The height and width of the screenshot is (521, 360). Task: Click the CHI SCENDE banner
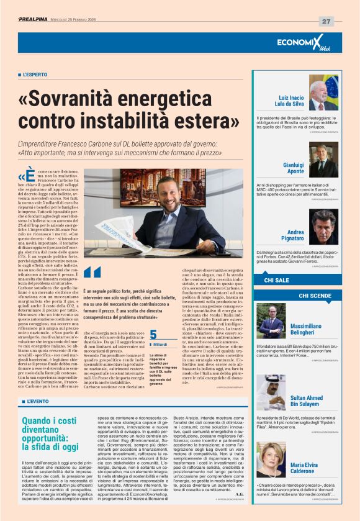click(x=315, y=296)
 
